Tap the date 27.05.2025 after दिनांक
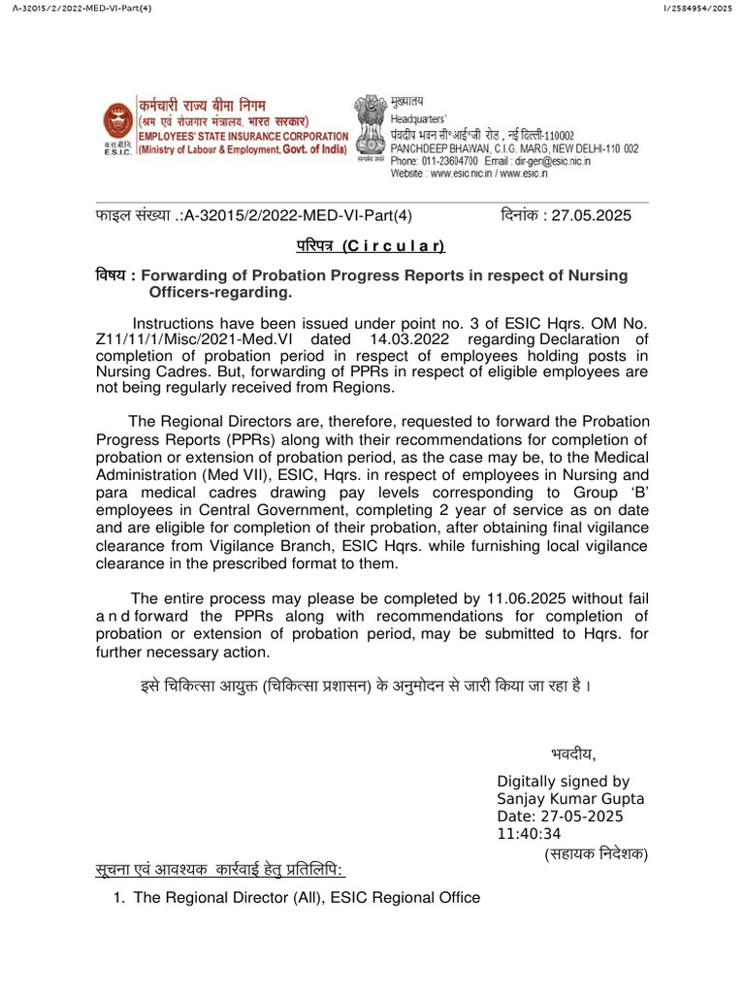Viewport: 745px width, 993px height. (591, 215)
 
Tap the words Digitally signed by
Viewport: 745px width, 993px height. (563, 781)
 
